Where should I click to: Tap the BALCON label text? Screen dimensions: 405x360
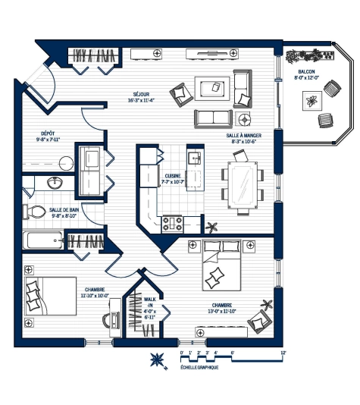[308, 71]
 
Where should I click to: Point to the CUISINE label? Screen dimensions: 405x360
[174, 175]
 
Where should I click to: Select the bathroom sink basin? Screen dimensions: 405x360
[54, 183]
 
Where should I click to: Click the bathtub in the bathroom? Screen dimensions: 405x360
[45, 241]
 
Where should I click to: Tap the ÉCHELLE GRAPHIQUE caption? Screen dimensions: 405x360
[199, 367]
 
